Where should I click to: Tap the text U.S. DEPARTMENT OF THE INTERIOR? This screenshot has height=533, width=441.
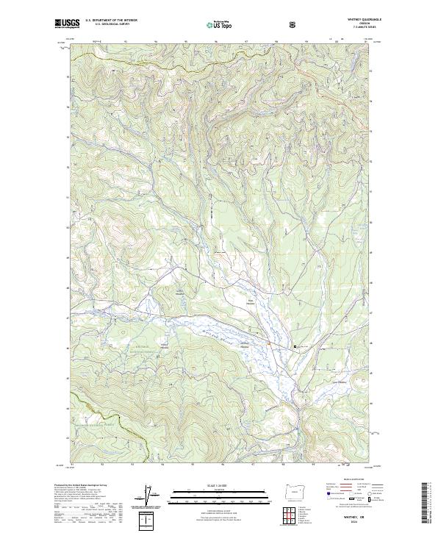[x=110, y=21]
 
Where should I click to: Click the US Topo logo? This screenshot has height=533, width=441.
[x=220, y=24]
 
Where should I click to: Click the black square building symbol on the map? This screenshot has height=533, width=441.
[x=295, y=346]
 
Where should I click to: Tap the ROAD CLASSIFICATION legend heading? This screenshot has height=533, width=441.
[x=353, y=482]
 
